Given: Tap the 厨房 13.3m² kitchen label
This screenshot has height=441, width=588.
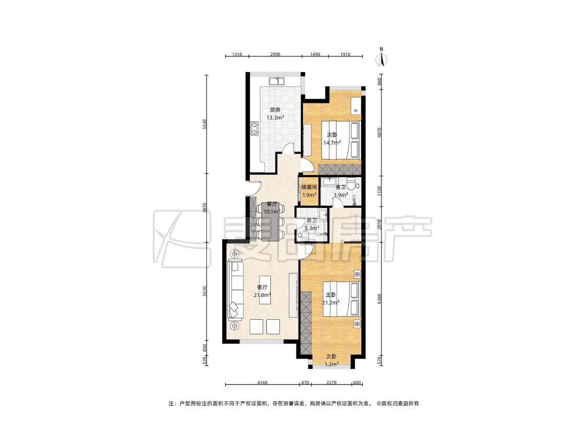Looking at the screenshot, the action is [x=275, y=113].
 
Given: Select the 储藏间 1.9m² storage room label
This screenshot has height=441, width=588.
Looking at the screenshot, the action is [x=309, y=191].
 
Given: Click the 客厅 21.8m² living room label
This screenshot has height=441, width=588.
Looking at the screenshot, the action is [x=262, y=291].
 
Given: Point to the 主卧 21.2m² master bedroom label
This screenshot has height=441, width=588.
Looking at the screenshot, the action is [x=331, y=298].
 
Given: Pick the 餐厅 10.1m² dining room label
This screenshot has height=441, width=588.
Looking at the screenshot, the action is [x=272, y=208].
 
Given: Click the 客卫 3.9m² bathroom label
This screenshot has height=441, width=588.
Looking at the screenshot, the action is [x=340, y=191].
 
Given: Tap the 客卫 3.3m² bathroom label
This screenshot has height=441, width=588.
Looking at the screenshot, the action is [x=312, y=224].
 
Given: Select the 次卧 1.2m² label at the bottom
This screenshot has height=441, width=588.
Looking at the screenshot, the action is [x=331, y=360].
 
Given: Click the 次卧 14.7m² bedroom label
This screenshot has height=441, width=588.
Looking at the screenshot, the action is [x=332, y=138].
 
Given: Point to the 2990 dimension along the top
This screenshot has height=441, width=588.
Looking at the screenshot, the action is [x=275, y=54].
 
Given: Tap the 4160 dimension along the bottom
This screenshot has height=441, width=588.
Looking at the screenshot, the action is [x=262, y=383].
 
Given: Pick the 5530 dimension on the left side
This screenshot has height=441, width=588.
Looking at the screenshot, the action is [x=204, y=124].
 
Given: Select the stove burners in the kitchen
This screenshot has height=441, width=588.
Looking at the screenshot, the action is [x=255, y=128].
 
